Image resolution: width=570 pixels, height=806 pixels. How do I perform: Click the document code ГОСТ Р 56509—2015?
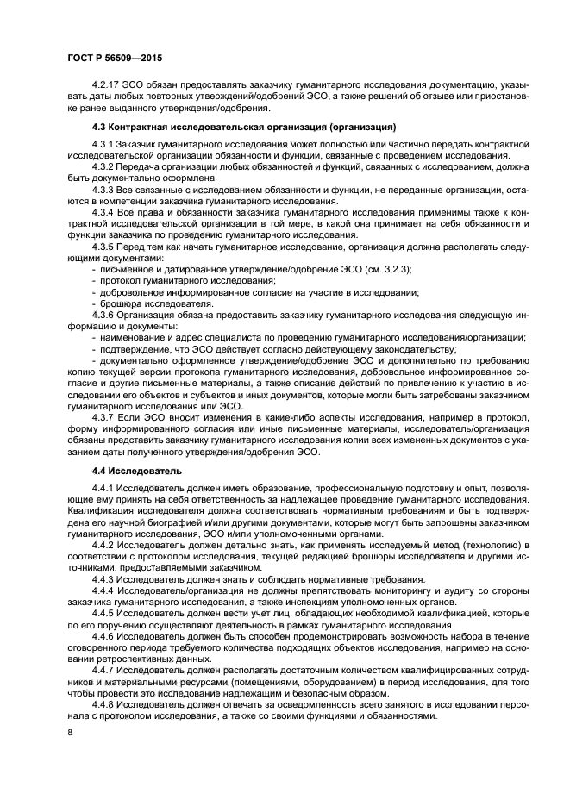tap(115, 59)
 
